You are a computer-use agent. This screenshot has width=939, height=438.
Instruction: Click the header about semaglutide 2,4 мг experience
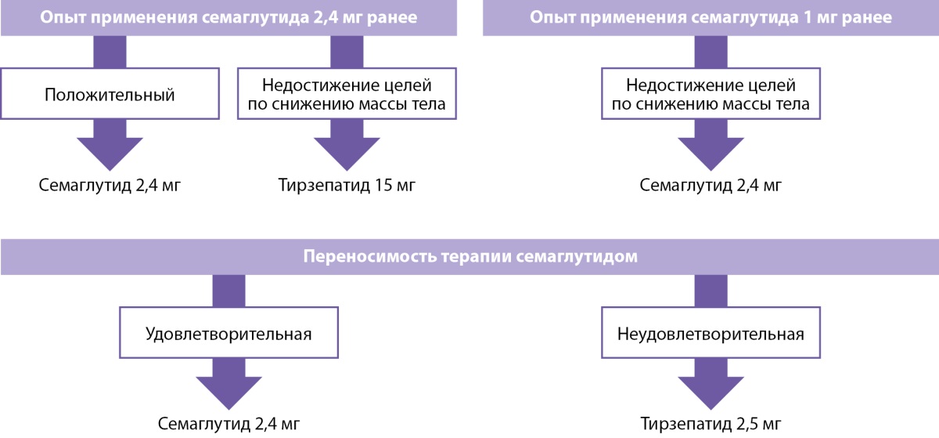pos(228,18)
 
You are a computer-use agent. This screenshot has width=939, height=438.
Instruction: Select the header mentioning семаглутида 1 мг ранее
pos(711,18)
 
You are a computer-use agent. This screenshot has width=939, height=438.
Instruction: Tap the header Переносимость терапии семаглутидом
pos(469,257)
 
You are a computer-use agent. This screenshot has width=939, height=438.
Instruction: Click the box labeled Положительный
pos(110,95)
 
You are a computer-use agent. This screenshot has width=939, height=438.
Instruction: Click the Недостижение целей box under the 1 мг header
pos(711,94)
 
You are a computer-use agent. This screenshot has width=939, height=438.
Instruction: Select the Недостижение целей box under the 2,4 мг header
pos(347,94)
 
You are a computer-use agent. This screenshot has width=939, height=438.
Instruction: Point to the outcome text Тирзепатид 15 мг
pos(347,186)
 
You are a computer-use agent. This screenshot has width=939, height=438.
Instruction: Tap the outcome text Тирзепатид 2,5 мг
pos(711,425)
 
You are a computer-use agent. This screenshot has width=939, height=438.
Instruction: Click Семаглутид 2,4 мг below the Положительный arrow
pos(110,186)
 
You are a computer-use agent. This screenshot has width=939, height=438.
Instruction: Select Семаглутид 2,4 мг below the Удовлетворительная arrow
pos(228,425)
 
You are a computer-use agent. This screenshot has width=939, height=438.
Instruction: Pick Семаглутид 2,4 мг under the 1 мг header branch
pos(711,186)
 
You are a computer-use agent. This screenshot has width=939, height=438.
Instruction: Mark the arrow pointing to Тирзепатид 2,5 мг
pos(711,385)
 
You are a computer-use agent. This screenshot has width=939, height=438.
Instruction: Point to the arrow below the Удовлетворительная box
pos(228,385)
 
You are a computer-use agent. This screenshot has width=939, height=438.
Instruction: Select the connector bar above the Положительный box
pos(110,52)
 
